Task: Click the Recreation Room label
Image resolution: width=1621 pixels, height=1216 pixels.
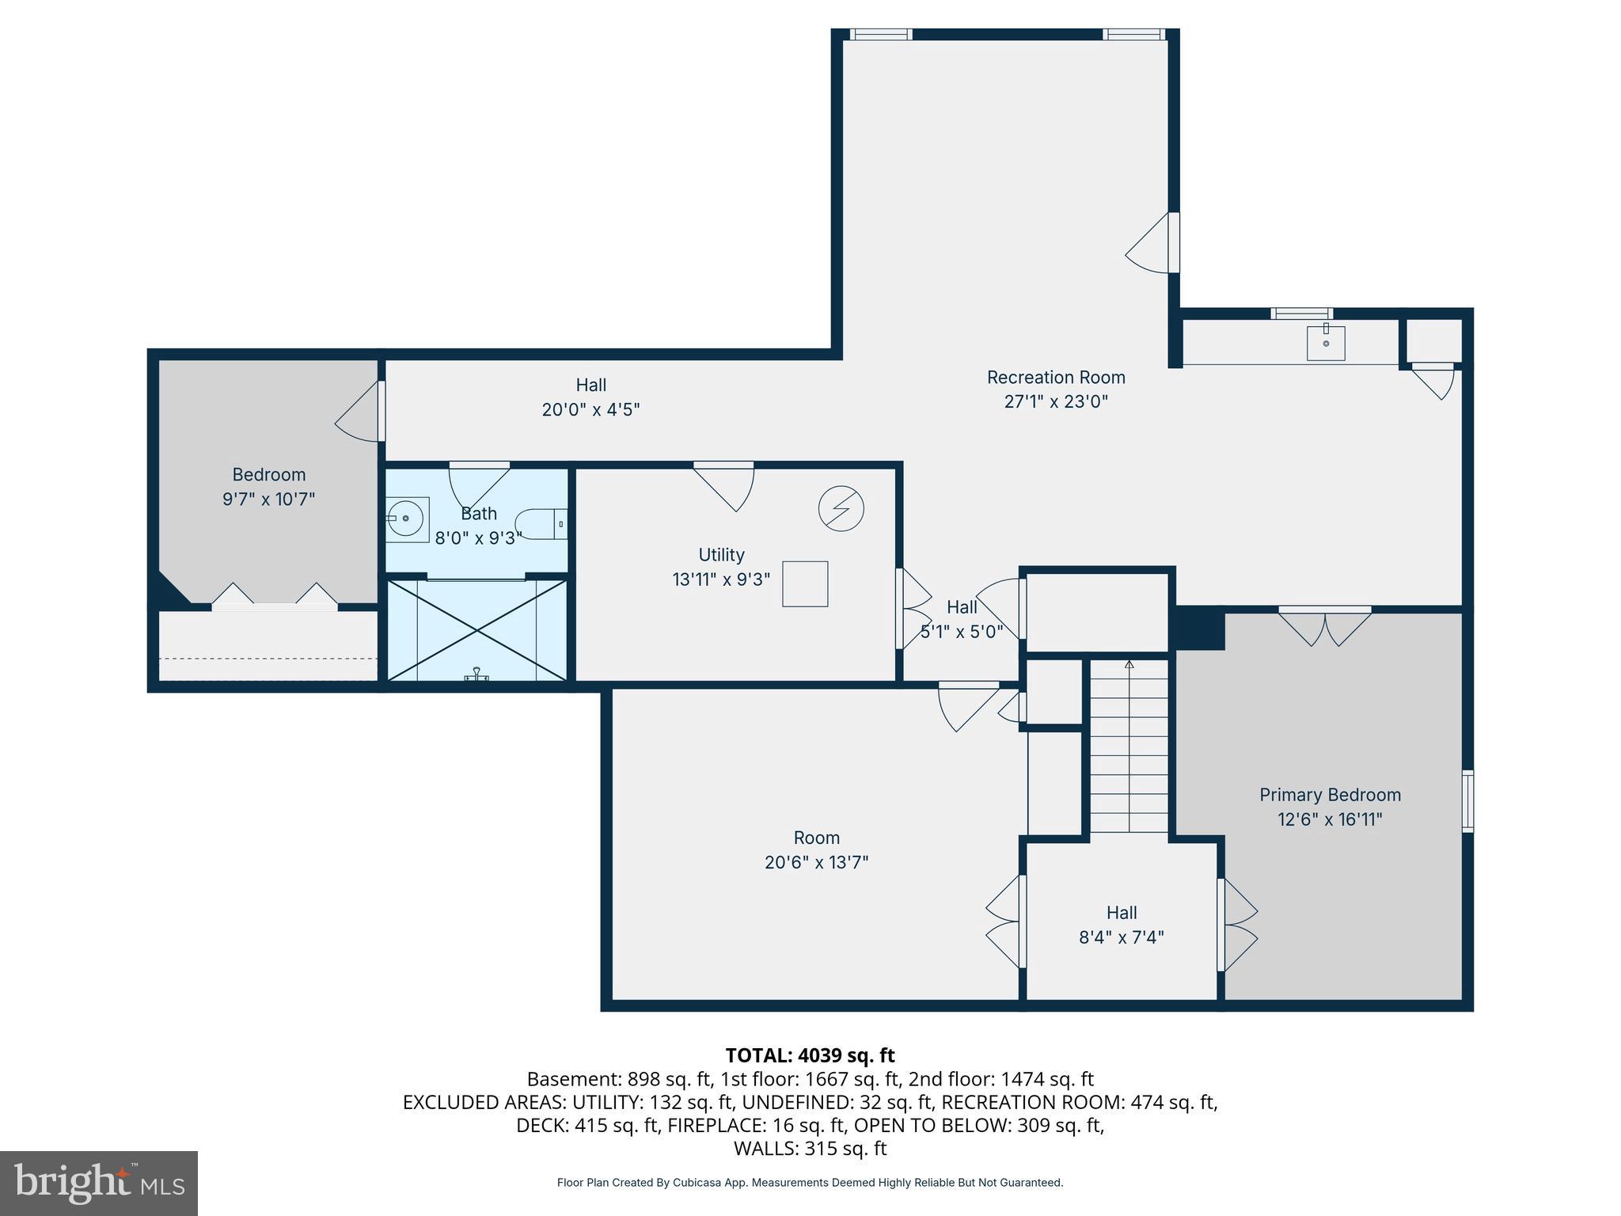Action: point(1055,378)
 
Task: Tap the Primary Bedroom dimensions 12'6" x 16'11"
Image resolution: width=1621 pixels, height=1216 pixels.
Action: point(1330,819)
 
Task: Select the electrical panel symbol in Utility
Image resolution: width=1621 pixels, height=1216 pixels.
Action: point(841,509)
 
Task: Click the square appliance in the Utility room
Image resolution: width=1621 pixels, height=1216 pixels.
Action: point(805,584)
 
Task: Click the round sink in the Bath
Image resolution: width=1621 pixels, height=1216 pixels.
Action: point(407,519)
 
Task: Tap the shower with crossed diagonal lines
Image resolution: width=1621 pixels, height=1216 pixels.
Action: point(476,630)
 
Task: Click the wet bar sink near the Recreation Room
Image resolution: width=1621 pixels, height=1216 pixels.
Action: point(1326,343)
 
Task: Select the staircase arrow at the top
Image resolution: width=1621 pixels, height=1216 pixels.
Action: point(1129,665)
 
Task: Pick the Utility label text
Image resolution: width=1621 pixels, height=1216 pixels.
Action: point(721,555)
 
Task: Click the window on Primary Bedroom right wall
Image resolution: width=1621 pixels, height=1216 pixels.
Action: point(1467,800)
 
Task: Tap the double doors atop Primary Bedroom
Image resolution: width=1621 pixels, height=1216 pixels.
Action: point(1324,625)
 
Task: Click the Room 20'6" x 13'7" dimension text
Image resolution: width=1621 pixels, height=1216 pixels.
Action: point(816,862)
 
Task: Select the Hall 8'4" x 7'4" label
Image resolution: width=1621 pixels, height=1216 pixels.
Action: point(1121,925)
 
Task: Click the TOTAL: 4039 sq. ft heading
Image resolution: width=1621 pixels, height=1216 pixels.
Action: point(810,1055)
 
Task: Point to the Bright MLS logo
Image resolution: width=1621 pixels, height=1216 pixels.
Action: point(99,1183)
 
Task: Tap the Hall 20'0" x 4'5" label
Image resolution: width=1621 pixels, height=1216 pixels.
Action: point(590,397)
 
